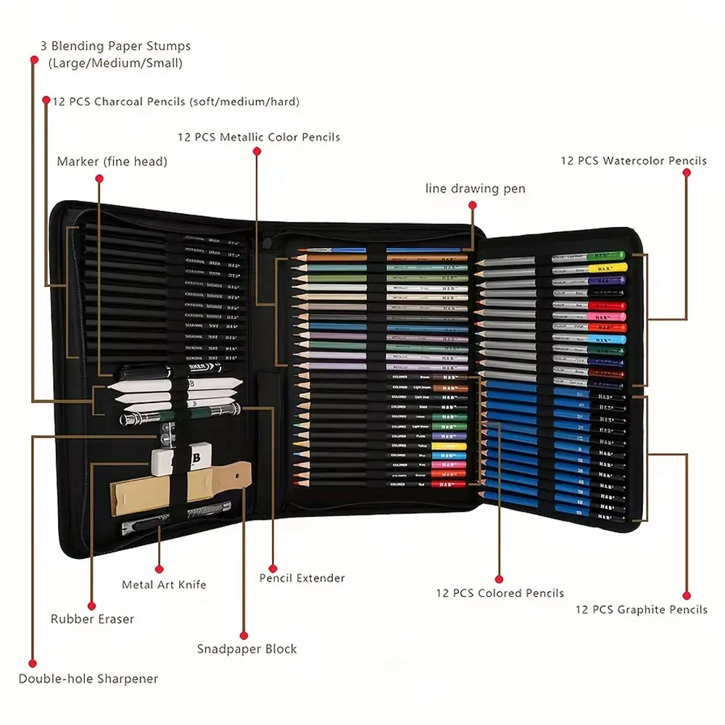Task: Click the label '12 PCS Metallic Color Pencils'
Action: (x=259, y=137)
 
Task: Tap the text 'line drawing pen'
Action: (x=475, y=189)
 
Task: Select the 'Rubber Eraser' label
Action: (x=92, y=619)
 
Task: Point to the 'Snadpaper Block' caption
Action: (x=246, y=649)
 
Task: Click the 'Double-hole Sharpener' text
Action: (x=88, y=679)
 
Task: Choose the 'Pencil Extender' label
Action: (x=302, y=579)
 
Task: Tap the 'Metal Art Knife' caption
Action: (x=164, y=584)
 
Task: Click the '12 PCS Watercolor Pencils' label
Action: (x=634, y=161)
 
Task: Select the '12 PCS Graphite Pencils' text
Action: (x=641, y=610)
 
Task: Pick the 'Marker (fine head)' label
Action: (x=112, y=162)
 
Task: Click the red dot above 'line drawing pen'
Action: (x=472, y=206)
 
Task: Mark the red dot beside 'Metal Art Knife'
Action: (x=159, y=570)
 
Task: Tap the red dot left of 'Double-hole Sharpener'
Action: (x=33, y=663)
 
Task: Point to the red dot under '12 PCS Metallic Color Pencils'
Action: (x=257, y=152)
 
